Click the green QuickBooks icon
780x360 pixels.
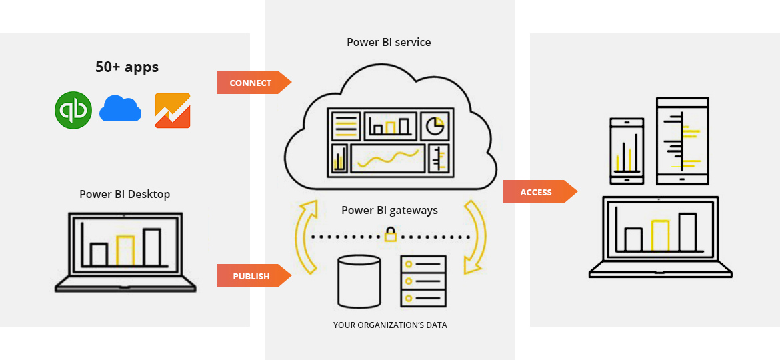(x=73, y=110)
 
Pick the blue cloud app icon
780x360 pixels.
(x=120, y=109)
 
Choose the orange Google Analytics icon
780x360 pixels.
(x=173, y=110)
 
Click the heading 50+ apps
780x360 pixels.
(x=127, y=67)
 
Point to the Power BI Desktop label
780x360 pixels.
(x=125, y=194)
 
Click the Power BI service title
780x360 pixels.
(x=389, y=42)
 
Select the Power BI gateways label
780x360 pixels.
(x=389, y=210)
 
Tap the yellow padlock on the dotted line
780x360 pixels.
(x=390, y=235)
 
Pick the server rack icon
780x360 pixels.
(x=423, y=281)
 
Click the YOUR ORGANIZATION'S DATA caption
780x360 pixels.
(x=390, y=325)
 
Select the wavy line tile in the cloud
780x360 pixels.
(x=387, y=159)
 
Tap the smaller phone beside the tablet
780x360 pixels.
(x=627, y=151)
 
